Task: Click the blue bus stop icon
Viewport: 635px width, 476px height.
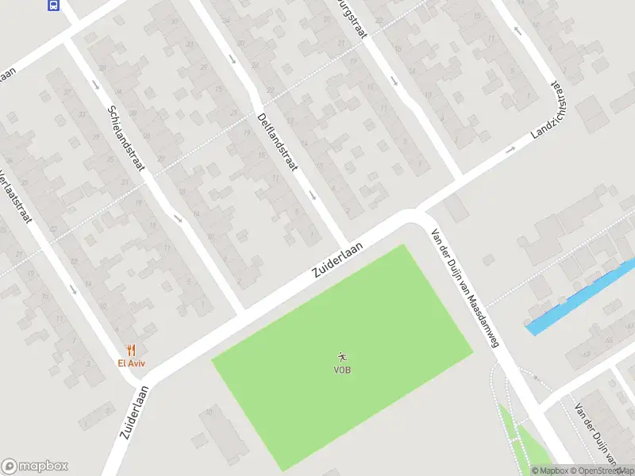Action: pyautogui.click(x=53, y=6)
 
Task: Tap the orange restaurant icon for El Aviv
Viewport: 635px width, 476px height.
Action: pyautogui.click(x=132, y=350)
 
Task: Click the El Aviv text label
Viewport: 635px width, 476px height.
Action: pyautogui.click(x=132, y=363)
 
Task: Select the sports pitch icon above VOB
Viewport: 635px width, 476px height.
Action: pyautogui.click(x=343, y=357)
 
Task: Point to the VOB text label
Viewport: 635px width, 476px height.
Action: pyautogui.click(x=343, y=370)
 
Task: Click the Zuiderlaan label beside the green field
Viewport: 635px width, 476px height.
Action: pyautogui.click(x=337, y=259)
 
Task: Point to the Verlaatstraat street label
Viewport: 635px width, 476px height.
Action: pyautogui.click(x=16, y=194)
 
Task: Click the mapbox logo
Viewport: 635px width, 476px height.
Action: pyautogui.click(x=35, y=466)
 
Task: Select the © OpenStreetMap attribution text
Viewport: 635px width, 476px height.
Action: pyautogui.click(x=601, y=470)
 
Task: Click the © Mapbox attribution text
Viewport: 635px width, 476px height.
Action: pyautogui.click(x=549, y=470)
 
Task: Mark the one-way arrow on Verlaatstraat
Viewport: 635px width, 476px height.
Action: pyautogui.click(x=73, y=289)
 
